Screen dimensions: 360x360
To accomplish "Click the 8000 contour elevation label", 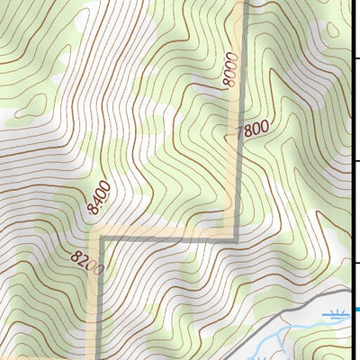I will [x=231, y=69].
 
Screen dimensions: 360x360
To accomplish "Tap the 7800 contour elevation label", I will [x=251, y=131].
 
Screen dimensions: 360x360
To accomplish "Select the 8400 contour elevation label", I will [x=99, y=196].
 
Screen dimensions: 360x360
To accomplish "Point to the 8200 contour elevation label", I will [x=88, y=262].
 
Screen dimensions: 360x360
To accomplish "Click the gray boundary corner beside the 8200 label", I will [x=102, y=239].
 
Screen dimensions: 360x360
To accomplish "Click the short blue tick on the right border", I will [x=355, y=310].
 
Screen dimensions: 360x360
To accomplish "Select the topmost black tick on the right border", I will [x=355, y=57].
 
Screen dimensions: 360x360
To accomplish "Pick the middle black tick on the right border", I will [x=355, y=160].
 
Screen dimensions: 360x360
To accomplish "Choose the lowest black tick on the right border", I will [x=355, y=263].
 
